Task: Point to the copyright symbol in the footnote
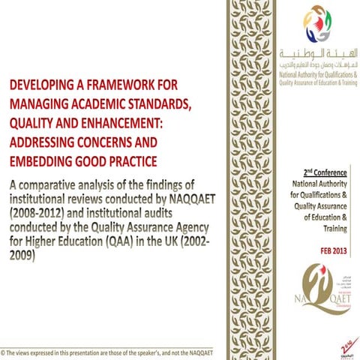[4, 352]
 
